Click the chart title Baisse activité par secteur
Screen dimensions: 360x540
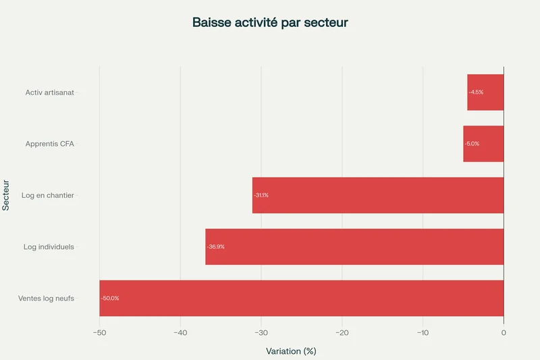[x=270, y=23]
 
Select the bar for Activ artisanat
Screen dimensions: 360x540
[x=485, y=93]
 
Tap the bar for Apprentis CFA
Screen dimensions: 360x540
[x=483, y=144]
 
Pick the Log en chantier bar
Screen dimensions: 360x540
[x=378, y=195]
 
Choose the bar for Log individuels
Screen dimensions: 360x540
[x=354, y=247]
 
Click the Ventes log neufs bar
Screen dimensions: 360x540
[x=302, y=298]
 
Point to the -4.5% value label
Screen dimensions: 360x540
[x=476, y=93]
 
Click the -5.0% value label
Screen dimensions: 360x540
[x=472, y=144]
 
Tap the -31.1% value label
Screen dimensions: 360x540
[x=261, y=195]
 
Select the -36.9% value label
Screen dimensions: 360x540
[x=216, y=247]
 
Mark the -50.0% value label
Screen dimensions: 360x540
[x=110, y=298]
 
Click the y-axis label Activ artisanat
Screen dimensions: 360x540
[x=50, y=93]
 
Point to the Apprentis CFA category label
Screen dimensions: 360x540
[x=50, y=144]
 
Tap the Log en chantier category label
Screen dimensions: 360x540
[x=48, y=195]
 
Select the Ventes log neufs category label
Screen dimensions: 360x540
[x=46, y=298]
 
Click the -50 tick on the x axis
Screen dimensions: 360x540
[x=99, y=332]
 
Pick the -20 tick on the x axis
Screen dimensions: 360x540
[x=342, y=332]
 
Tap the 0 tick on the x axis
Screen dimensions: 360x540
[x=504, y=332]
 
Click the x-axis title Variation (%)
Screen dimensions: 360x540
[x=291, y=351]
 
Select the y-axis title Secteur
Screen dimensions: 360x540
[x=6, y=195]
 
